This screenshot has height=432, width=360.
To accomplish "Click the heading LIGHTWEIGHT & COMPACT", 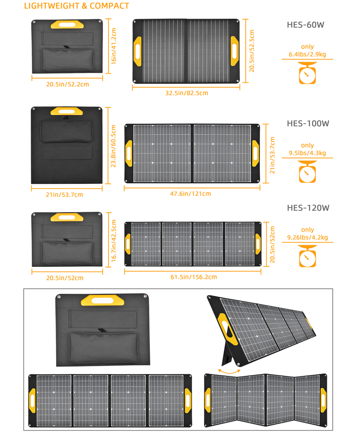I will [76, 6].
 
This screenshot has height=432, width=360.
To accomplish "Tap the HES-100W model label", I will [308, 123].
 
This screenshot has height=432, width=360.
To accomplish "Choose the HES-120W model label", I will [308, 208].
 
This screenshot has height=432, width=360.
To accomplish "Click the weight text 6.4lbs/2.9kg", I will [307, 54].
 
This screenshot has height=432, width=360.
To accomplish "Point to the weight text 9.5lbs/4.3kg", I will [307, 153].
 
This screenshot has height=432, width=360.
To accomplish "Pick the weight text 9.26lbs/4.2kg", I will [307, 237].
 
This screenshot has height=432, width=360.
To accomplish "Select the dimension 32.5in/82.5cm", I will [187, 93].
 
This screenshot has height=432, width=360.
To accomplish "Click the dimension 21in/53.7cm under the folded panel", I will [64, 194].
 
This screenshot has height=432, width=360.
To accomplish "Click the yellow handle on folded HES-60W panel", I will [68, 24].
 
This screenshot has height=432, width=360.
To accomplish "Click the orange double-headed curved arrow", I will [229, 371].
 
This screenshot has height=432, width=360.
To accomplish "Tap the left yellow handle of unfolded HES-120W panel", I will [128, 243].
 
